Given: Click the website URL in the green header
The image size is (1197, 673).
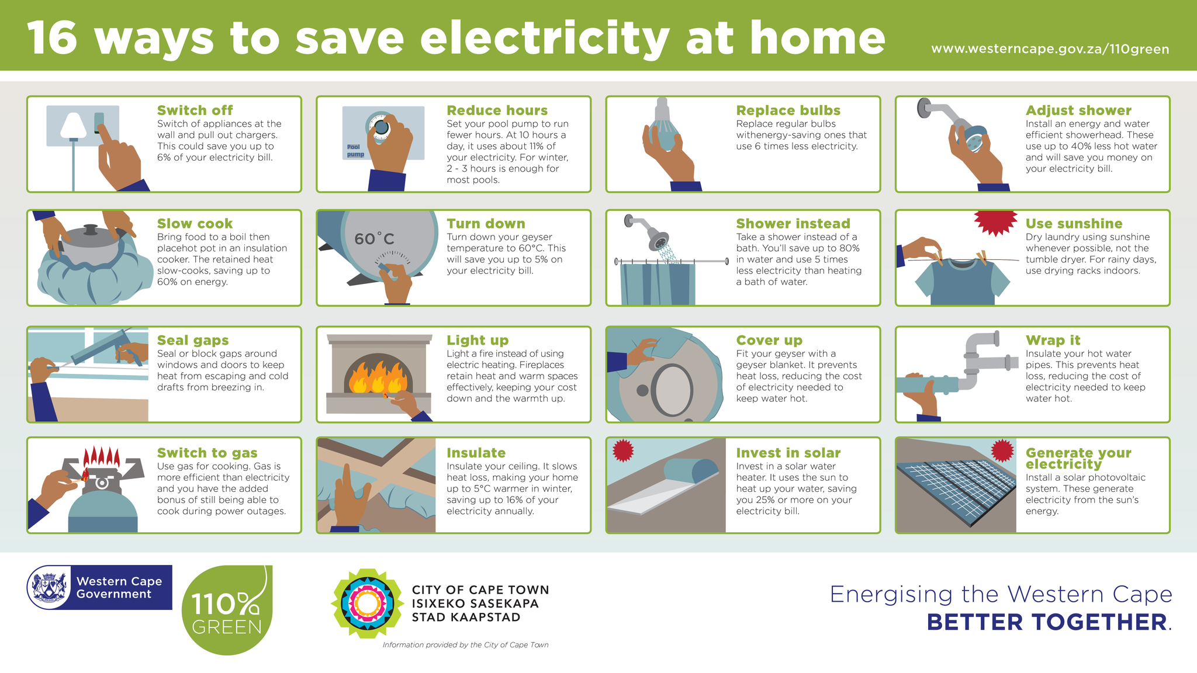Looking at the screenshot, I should [x=1050, y=49].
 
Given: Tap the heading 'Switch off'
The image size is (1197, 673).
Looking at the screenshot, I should [x=195, y=110].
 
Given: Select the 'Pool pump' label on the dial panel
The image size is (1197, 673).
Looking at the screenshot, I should [x=355, y=151].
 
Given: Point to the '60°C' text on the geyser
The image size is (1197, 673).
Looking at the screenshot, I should [x=374, y=238].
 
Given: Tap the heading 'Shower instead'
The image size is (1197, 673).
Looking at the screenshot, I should [x=793, y=224].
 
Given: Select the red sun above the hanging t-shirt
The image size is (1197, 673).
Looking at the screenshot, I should [x=995, y=221].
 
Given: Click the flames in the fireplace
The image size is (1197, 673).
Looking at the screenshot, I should [x=377, y=376].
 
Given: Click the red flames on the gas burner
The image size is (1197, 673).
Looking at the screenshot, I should [x=101, y=457].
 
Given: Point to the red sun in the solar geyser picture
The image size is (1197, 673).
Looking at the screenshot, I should [x=623, y=450].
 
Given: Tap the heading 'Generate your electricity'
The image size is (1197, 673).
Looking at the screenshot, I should [x=1078, y=458].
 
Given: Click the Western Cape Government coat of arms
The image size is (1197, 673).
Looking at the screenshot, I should [x=50, y=587].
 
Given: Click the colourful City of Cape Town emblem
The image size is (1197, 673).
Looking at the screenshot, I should [x=366, y=603].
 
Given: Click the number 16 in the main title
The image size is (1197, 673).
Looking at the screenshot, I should [x=53, y=39].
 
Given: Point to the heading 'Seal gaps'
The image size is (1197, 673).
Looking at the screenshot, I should [x=193, y=340].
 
